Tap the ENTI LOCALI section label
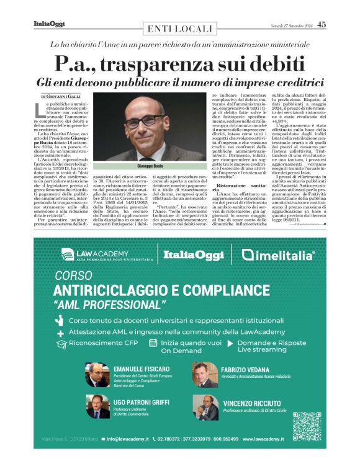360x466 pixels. [176, 29]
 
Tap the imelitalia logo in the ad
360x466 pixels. [279, 254]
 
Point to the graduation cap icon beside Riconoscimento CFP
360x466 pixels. [60, 343]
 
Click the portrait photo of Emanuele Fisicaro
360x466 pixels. [97, 375]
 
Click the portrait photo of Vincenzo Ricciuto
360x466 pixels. [204, 408]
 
